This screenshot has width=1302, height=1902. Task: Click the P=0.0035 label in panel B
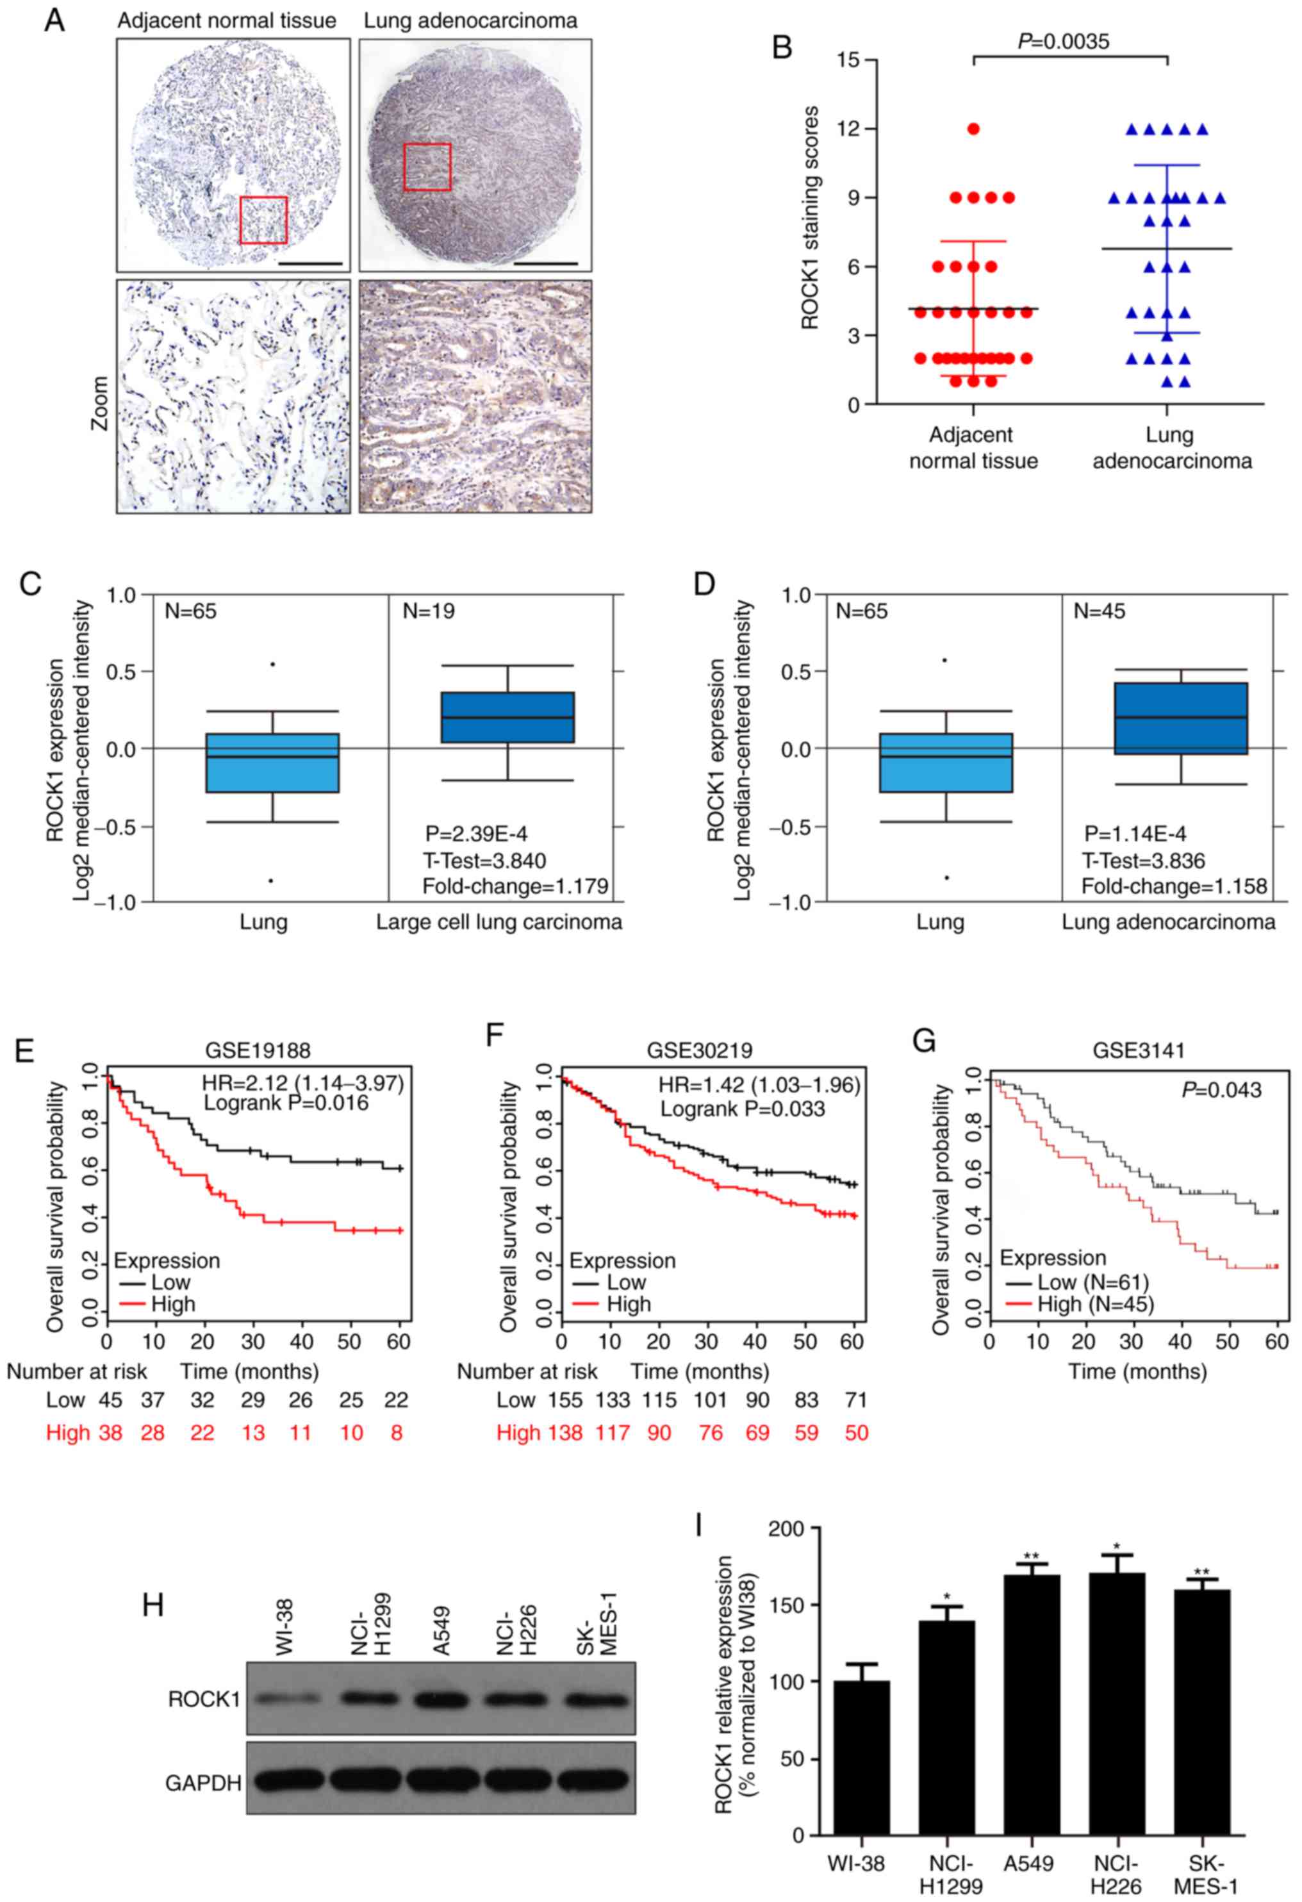(1063, 41)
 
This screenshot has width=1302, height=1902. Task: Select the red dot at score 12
(973, 129)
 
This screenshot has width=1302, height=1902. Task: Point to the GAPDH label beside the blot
(203, 1783)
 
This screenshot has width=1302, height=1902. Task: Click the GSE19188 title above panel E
(258, 1050)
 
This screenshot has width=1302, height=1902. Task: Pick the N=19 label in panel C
(429, 611)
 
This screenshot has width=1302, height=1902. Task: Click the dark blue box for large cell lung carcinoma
(507, 717)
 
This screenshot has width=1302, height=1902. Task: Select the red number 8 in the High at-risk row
(396, 1433)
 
